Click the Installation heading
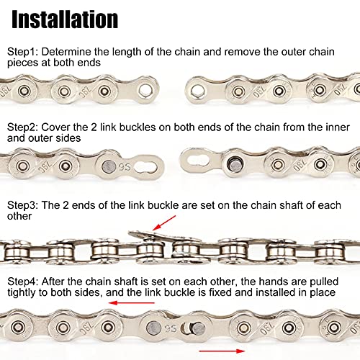[65, 19]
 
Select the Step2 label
[22, 127]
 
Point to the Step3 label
[22, 205]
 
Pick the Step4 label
[22, 282]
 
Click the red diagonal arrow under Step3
[164, 222]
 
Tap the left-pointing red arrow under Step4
[132, 302]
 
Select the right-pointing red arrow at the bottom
[222, 351]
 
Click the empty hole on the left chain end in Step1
[145, 90]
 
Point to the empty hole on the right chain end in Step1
[198, 91]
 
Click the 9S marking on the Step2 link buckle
[125, 166]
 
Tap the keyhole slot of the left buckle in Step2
[145, 167]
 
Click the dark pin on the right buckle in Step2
[235, 164]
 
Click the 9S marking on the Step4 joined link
[171, 328]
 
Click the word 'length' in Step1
[126, 53]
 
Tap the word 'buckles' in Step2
[138, 127]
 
